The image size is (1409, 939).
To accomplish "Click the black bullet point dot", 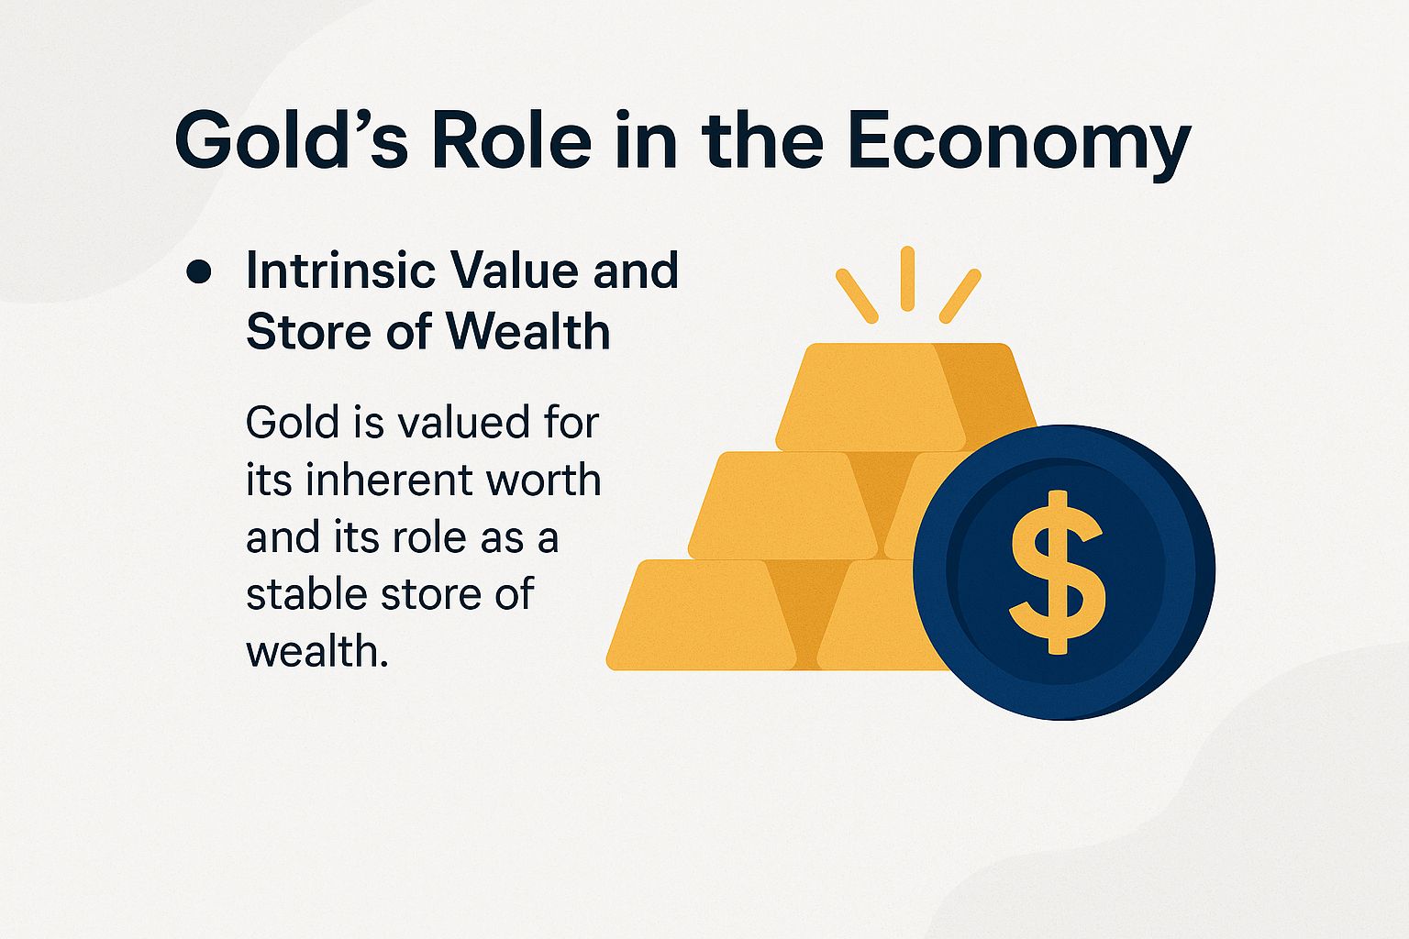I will click(x=199, y=272).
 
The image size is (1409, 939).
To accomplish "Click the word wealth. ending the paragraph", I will click(x=317, y=651).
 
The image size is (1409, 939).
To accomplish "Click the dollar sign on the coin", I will click(x=1057, y=572).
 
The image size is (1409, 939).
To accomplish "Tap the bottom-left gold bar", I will click(x=702, y=614).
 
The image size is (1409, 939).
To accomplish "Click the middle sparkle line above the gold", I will click(x=907, y=278).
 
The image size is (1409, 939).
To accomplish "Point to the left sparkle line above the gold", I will click(x=857, y=294).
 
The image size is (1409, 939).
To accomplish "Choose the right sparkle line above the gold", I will click(x=960, y=295).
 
